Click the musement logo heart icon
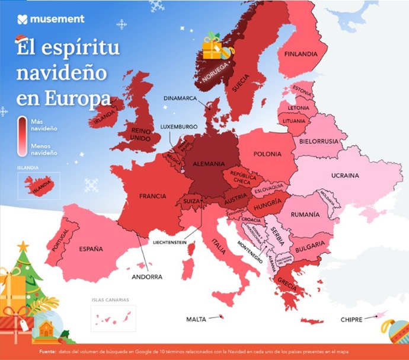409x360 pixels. pyautogui.click(x=22, y=19)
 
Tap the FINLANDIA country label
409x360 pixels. pyautogui.click(x=301, y=54)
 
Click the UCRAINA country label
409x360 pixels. pyautogui.click(x=345, y=176)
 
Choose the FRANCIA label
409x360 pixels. pyautogui.click(x=152, y=196)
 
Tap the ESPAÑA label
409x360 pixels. pyautogui.click(x=91, y=249)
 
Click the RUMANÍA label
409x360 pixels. pyautogui.click(x=305, y=214)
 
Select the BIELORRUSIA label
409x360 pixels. pyautogui.click(x=319, y=142)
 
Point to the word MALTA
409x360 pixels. pyautogui.click(x=196, y=319)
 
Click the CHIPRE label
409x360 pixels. pyautogui.click(x=351, y=319)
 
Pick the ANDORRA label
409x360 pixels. pyautogui.click(x=147, y=276)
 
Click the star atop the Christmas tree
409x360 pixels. pyautogui.click(x=23, y=245)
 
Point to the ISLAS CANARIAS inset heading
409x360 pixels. pyautogui.click(x=110, y=300)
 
